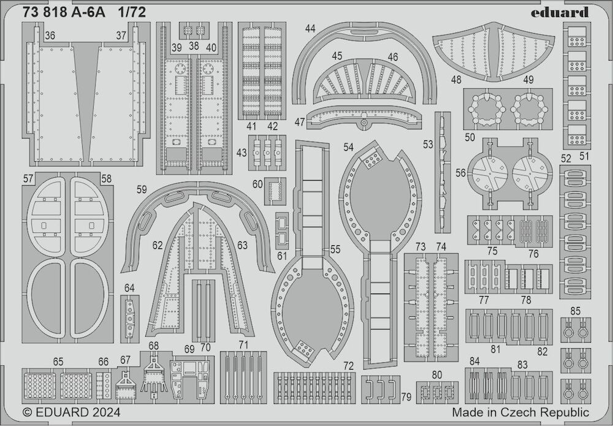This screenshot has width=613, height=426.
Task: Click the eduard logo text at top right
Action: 560,12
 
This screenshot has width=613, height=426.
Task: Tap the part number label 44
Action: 310,29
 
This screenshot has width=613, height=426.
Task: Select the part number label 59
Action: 142,189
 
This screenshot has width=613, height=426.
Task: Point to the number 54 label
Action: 348,147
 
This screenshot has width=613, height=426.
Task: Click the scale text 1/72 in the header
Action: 132,12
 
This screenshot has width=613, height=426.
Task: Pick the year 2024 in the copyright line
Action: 104,413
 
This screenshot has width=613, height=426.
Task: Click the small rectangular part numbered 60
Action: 275,191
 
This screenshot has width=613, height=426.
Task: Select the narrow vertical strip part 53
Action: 443,172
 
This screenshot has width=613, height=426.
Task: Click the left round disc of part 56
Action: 490,172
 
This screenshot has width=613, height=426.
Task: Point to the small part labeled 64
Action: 130,319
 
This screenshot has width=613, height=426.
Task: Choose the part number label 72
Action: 348,366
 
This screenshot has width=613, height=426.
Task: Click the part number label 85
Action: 576,311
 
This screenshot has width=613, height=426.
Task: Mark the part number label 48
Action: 456,80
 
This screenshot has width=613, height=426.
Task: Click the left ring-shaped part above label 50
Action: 487,108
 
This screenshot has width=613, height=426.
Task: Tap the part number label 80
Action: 436,375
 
